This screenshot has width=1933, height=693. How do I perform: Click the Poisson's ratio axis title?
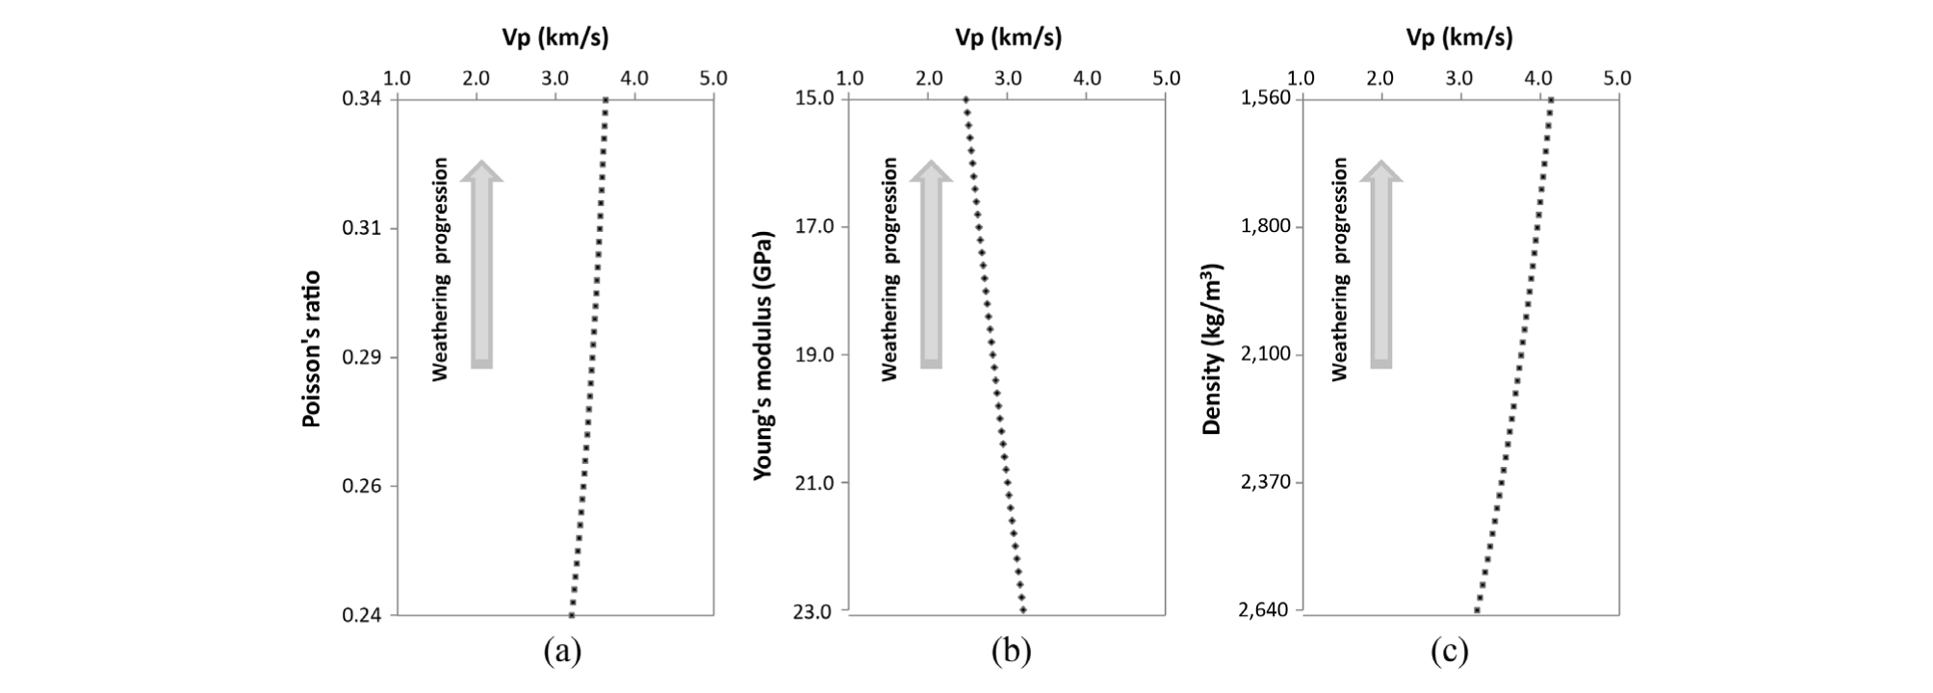(311, 348)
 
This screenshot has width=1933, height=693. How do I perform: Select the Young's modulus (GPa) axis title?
(762, 355)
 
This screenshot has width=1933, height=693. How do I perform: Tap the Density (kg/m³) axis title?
(1212, 348)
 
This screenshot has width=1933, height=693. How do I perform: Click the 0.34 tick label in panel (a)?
(362, 99)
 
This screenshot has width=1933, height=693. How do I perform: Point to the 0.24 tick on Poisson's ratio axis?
(362, 615)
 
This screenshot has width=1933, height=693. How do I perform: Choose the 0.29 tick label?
(362, 357)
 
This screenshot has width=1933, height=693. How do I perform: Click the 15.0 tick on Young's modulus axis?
(814, 98)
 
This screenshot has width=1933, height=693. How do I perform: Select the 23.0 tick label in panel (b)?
(814, 611)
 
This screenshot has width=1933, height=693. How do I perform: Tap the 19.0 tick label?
(814, 355)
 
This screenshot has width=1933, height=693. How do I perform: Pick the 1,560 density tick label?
(1262, 98)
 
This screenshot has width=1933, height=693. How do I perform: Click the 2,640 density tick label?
(1262, 610)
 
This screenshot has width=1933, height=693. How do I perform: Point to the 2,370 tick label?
(1262, 482)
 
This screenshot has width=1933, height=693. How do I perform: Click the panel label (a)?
(562, 652)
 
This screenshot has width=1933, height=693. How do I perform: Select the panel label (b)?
(1012, 652)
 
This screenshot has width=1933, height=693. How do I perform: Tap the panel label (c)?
(1450, 652)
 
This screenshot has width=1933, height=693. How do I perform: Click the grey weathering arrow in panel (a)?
(481, 265)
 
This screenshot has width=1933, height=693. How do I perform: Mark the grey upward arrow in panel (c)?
(1381, 265)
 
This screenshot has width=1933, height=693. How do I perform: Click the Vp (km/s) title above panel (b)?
(1008, 38)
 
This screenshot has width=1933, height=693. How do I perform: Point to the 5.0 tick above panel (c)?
(1617, 78)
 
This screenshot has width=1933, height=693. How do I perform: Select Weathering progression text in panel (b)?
(889, 269)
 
